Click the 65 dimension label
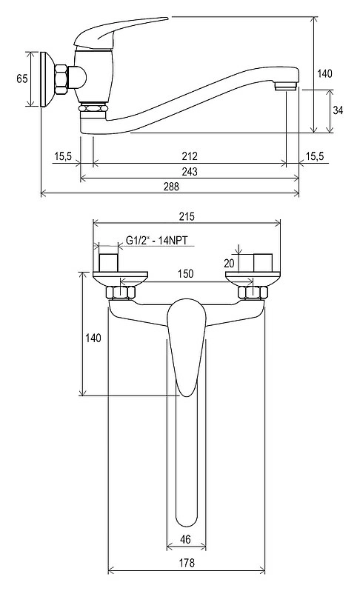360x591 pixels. (x=22, y=79)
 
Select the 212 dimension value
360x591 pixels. (x=189, y=156)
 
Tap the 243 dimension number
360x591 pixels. (x=189, y=172)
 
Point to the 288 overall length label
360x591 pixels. (x=172, y=187)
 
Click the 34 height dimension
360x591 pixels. (x=338, y=110)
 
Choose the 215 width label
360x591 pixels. (x=187, y=216)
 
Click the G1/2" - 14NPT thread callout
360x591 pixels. (x=156, y=240)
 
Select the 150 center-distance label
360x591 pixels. (x=185, y=273)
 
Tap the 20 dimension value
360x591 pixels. (x=229, y=264)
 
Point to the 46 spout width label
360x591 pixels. (x=185, y=539)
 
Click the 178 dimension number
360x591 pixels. (x=187, y=563)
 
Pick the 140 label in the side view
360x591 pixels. (x=324, y=73)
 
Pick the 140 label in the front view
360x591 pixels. (x=93, y=338)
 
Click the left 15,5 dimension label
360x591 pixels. (x=63, y=156)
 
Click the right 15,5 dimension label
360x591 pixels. (x=315, y=156)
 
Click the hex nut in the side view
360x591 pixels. (x=61, y=79)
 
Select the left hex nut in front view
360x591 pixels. (x=120, y=293)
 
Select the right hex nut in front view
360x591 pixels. (x=253, y=293)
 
